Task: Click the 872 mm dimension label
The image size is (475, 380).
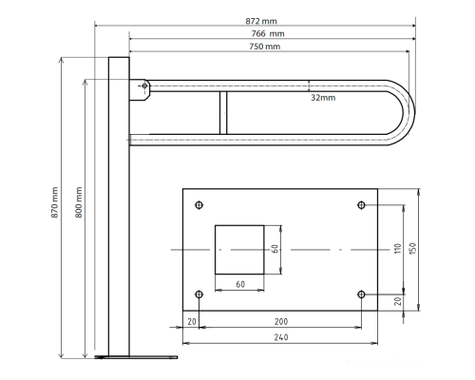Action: pyautogui.click(x=261, y=21)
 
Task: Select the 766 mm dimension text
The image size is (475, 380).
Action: pyautogui.click(x=268, y=33)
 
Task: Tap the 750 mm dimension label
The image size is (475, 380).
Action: pyautogui.click(x=265, y=47)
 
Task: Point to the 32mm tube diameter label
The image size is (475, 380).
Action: pyautogui.click(x=323, y=98)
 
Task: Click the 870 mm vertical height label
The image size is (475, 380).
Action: pyautogui.click(x=55, y=202)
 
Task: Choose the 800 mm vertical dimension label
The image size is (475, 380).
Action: pyautogui.click(x=79, y=202)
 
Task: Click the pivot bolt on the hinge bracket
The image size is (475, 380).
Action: pyautogui.click(x=144, y=85)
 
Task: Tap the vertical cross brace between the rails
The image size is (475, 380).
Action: pyautogui.click(x=223, y=113)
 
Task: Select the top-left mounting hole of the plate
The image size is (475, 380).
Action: pyautogui.click(x=199, y=205)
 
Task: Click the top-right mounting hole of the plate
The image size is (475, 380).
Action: pyautogui.click(x=361, y=205)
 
